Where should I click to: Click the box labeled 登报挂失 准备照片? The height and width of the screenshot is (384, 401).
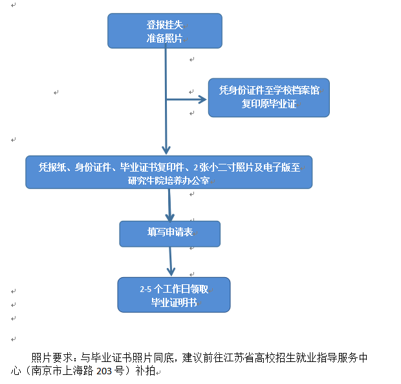pos(164,31)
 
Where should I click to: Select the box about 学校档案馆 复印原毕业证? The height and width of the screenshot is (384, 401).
pos(268,97)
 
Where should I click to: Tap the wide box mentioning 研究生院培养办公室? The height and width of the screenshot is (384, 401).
pos(169,172)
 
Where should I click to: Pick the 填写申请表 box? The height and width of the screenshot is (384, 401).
pos(169,233)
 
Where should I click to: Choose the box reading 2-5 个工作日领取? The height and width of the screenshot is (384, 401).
pos(173,295)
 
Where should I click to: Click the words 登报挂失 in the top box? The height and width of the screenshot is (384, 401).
pos(164,25)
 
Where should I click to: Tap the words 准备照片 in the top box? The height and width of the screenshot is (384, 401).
pos(164,38)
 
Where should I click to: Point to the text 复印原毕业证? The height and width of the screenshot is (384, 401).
pos(268,104)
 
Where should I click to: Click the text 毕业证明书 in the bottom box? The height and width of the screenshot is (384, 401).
pos(173,302)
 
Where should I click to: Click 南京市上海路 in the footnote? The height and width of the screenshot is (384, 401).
pos(61,371)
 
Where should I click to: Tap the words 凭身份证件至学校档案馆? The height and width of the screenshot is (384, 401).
pos(268,91)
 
